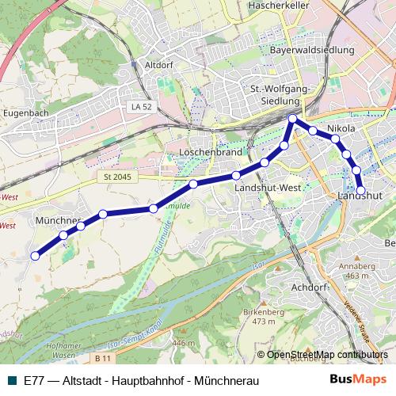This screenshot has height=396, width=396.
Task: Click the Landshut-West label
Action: click(267, 188)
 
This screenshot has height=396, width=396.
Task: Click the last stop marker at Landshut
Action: click(361, 190)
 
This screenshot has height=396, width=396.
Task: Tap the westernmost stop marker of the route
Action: click(35, 255)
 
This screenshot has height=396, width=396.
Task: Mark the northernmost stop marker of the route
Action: click(293, 119)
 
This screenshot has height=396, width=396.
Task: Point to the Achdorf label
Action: click(310, 287)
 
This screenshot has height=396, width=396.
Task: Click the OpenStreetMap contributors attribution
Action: click(327, 355)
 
